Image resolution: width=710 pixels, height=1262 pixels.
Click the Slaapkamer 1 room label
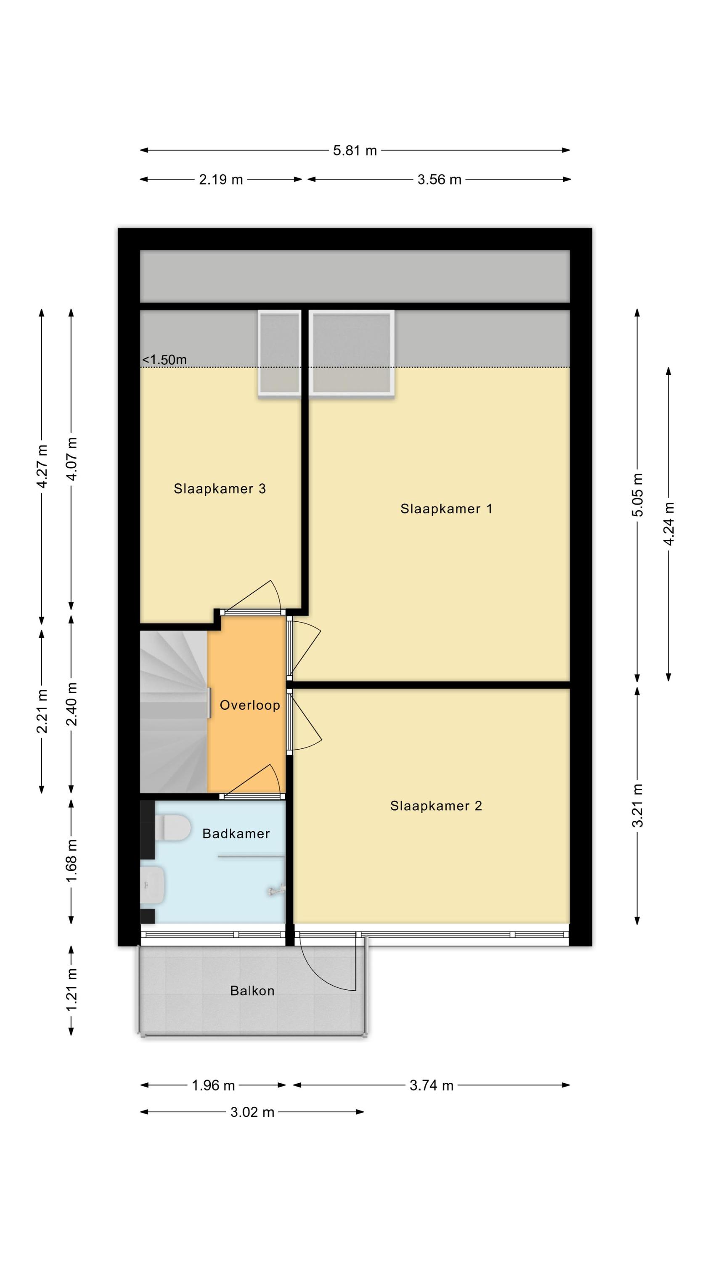[x=446, y=509]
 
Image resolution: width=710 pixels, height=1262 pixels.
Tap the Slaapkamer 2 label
[x=436, y=806]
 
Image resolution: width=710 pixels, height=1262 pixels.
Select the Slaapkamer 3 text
[x=220, y=488]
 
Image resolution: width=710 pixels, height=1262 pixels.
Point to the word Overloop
[x=250, y=705]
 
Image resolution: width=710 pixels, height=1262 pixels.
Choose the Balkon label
[x=252, y=991]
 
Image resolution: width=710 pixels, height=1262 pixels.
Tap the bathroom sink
[x=152, y=885]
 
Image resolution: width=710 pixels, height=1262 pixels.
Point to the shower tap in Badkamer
[x=276, y=890]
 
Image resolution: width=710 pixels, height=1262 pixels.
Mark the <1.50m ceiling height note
[x=164, y=360]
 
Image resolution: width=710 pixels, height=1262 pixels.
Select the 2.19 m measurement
[x=220, y=179]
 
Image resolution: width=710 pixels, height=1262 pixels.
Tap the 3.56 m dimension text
[x=439, y=179]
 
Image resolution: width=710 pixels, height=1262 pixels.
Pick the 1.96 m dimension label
[x=213, y=1085]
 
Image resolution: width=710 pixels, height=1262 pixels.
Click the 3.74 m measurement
[x=431, y=1085]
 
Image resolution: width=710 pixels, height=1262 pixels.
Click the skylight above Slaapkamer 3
[x=279, y=353]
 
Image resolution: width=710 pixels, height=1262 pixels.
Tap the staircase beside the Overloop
[x=174, y=711]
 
